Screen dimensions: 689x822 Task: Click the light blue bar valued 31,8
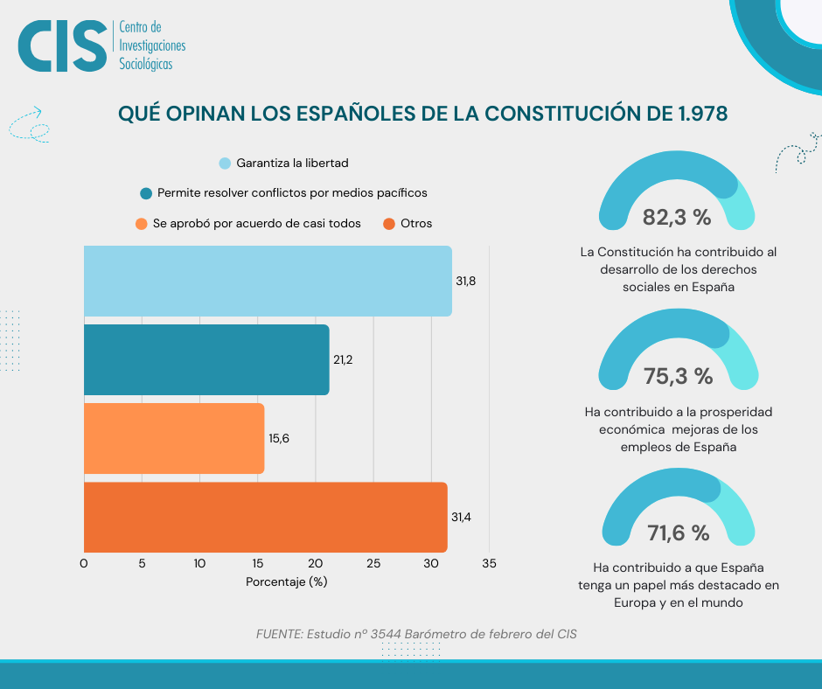(x=268, y=281)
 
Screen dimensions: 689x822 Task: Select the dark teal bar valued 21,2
(x=206, y=359)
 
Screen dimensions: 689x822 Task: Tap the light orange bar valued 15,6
(x=174, y=438)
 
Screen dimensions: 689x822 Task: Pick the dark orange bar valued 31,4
(x=265, y=517)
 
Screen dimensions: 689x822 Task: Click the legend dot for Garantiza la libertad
(x=225, y=164)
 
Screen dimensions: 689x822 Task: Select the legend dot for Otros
(x=389, y=224)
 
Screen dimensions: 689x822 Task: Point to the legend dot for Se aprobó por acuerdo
(x=142, y=224)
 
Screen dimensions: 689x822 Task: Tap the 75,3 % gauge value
(x=678, y=376)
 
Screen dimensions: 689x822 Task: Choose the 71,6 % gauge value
(x=678, y=532)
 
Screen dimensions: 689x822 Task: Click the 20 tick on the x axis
(x=316, y=564)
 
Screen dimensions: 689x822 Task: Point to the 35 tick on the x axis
(x=489, y=564)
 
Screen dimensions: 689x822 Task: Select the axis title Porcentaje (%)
(x=287, y=582)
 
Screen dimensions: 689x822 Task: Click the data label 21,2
(x=343, y=359)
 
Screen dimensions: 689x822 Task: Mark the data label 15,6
(x=279, y=438)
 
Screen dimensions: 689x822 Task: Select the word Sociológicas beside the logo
(x=146, y=64)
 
